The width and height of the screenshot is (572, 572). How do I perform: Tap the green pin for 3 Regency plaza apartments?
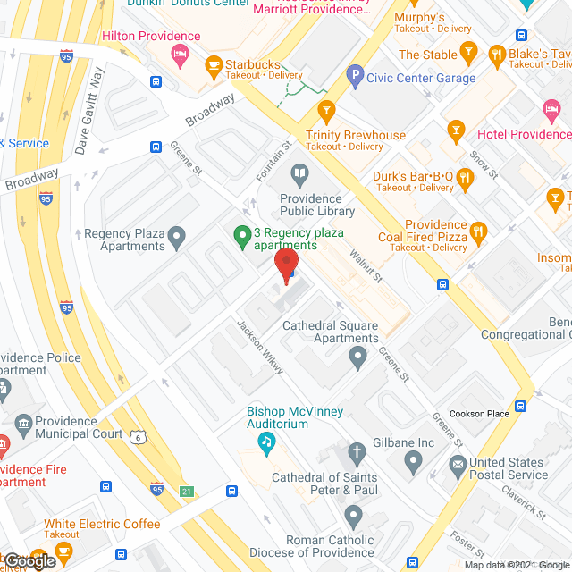[240, 237]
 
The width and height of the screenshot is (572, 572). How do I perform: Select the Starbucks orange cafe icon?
[213, 64]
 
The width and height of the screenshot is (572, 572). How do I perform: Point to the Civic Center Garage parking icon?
[355, 78]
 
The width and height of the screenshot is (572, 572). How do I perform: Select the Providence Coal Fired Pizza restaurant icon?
[478, 235]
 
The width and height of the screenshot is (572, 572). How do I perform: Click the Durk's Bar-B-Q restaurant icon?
[464, 180]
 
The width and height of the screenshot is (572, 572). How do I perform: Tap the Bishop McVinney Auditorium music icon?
[266, 441]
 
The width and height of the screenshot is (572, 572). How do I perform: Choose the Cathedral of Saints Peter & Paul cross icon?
[356, 451]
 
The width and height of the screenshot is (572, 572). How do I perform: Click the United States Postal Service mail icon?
[458, 463]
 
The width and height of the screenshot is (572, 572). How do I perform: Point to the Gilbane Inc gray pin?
[413, 461]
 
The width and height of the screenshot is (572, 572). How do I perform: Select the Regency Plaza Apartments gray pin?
[177, 238]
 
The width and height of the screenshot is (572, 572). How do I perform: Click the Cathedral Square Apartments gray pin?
[358, 358]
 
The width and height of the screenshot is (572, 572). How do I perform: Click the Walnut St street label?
[366, 266]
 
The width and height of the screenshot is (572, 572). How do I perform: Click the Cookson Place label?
[479, 414]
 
